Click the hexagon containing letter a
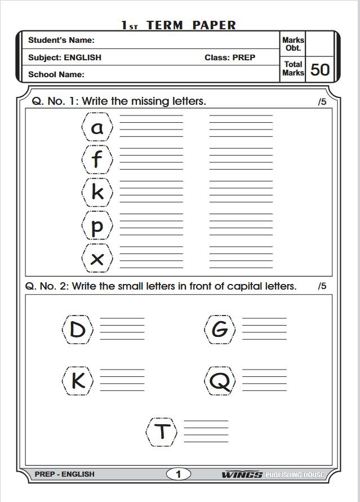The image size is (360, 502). [97, 127]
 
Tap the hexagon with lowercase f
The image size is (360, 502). [97, 159]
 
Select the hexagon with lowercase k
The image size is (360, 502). [97, 193]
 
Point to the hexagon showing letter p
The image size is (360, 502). [97, 226]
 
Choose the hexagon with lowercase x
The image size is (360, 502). [97, 259]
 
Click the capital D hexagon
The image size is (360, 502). [78, 329]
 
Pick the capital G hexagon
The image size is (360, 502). [220, 329]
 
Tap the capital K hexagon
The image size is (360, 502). [78, 381]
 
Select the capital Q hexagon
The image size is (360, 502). [220, 381]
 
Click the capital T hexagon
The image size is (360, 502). [162, 432]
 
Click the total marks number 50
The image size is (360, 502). [320, 69]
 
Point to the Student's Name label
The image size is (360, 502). [61, 40]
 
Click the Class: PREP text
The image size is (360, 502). [230, 57]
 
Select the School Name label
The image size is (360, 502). [56, 74]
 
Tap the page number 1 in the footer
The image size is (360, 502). [179, 474]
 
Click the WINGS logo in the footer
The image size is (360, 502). [242, 474]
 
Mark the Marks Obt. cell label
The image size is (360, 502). [293, 44]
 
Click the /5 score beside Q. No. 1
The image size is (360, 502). [322, 102]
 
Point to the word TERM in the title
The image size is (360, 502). [166, 25]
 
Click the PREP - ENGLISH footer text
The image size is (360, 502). [65, 474]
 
